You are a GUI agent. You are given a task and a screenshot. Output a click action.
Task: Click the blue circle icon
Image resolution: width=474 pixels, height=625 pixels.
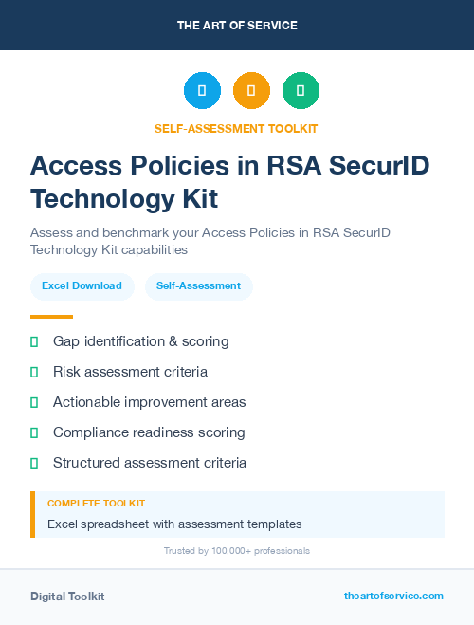202,90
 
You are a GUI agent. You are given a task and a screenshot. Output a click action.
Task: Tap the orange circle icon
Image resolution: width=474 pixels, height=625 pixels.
251,90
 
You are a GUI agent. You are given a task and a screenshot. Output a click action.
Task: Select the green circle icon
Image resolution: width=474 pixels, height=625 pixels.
301,90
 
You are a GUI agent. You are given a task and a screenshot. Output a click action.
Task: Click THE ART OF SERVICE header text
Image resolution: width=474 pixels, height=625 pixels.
237,25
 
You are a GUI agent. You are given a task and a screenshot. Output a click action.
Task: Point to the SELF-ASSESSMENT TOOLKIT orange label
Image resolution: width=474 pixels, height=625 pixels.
236,128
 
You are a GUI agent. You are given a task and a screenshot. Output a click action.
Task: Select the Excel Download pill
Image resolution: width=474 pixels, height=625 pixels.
82,285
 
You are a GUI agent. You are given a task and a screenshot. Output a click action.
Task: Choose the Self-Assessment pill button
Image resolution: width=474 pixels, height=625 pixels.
198,285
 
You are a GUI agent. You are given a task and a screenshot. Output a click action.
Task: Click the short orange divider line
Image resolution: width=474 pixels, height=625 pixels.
51,317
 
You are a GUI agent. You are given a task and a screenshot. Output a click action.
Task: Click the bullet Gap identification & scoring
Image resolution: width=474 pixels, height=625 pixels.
140,341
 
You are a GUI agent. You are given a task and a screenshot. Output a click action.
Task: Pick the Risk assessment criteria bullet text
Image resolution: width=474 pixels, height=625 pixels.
130,372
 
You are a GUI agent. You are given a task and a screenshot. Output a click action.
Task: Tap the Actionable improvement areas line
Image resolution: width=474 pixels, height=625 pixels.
149,402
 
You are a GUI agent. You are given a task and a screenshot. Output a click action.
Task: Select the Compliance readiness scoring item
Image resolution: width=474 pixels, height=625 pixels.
149,432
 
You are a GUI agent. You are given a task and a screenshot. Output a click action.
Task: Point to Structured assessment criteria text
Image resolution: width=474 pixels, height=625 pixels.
150,463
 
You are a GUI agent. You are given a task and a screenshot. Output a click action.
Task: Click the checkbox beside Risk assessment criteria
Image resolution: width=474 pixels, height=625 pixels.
34,372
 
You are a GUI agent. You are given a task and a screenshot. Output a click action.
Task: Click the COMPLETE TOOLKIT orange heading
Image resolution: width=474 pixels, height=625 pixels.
96,503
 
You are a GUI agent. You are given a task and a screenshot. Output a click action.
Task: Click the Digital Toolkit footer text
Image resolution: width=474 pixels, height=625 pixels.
67,596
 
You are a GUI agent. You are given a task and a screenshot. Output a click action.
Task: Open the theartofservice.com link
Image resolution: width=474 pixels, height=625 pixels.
393,596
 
